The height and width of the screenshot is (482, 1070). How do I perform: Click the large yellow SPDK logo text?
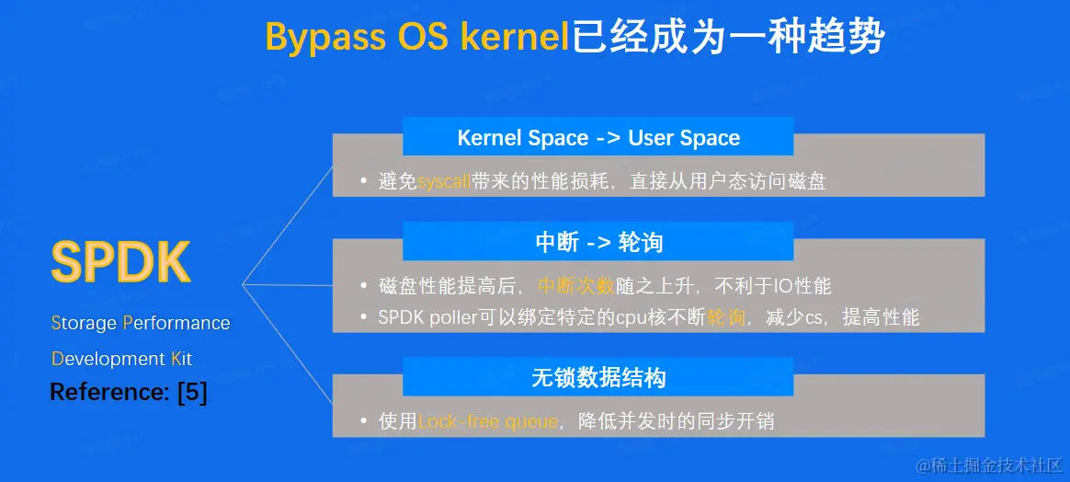[120, 262]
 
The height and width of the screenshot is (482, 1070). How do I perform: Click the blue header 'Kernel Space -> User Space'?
[598, 137]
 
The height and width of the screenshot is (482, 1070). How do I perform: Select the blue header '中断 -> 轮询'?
[598, 242]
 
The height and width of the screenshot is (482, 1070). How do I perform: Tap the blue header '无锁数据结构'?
[598, 377]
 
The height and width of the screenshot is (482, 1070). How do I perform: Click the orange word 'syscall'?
[444, 181]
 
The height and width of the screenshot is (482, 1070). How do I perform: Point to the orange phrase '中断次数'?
[576, 286]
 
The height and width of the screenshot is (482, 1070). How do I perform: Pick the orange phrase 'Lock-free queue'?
[488, 421]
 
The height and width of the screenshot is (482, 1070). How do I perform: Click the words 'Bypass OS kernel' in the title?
[417, 36]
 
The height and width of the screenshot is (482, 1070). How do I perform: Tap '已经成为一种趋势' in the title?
[727, 36]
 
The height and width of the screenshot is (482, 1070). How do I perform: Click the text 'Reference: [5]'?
[129, 393]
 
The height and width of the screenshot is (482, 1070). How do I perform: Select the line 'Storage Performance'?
[141, 322]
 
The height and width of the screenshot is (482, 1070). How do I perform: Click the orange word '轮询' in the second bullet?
[726, 317]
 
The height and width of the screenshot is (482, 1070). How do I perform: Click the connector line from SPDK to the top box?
[288, 224]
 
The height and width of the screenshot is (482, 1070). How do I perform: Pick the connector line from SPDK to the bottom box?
[288, 344]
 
